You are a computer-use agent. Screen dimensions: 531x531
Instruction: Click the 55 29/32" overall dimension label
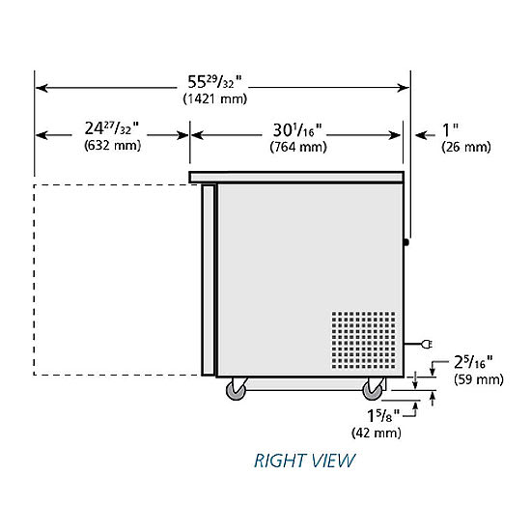tap(214, 82)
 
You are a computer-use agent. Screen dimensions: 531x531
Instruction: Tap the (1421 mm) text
tap(215, 98)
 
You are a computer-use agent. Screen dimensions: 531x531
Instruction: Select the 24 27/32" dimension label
tap(111, 128)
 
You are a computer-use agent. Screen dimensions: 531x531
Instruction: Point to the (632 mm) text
tap(112, 145)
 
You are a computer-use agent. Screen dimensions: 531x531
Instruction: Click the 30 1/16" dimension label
tap(297, 130)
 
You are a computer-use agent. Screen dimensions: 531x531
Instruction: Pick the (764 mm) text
tap(298, 147)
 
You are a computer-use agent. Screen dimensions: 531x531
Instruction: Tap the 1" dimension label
tap(451, 129)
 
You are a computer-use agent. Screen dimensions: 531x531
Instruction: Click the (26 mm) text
tap(466, 147)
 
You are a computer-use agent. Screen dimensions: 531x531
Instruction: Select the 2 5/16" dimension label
tap(473, 362)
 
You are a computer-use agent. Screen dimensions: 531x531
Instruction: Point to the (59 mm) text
tap(479, 379)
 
